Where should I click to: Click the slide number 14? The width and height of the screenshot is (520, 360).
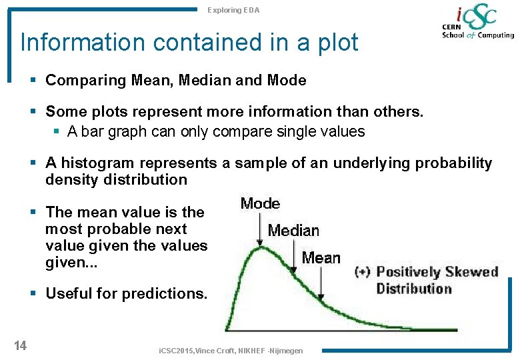tap(20, 345)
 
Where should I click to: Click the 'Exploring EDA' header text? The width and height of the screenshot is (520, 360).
tap(233, 10)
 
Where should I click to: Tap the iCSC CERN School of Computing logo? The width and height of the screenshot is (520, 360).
tap(477, 24)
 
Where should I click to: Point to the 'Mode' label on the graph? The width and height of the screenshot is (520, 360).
tap(260, 204)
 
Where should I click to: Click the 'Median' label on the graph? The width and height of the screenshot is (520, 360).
tap(293, 231)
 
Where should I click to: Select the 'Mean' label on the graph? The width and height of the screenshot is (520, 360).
tap(321, 258)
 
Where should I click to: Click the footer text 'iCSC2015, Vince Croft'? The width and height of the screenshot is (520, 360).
tap(193, 351)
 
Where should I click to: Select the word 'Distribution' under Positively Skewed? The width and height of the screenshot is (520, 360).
tap(414, 289)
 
